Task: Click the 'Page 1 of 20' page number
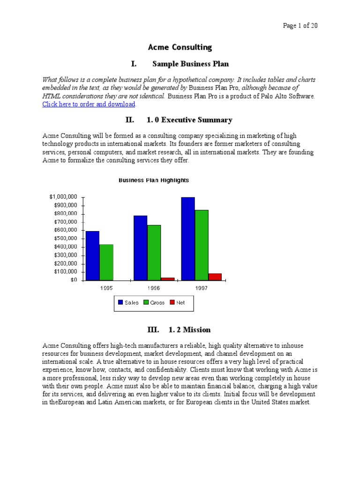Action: (x=300, y=26)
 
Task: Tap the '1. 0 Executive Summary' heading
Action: (x=189, y=120)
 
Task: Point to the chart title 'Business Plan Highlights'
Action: (x=153, y=180)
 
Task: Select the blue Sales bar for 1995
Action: (x=92, y=255)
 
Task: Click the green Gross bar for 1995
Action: (x=106, y=262)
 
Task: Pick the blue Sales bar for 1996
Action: (x=140, y=248)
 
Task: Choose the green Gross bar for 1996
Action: (x=154, y=253)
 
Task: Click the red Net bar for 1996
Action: (x=167, y=279)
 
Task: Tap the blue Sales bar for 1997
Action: (x=188, y=239)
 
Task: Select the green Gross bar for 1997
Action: (x=202, y=245)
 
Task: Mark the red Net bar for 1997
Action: (x=215, y=277)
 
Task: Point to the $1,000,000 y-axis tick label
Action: (x=63, y=197)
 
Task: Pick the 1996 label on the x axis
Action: (x=154, y=288)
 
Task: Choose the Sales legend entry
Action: (x=128, y=303)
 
